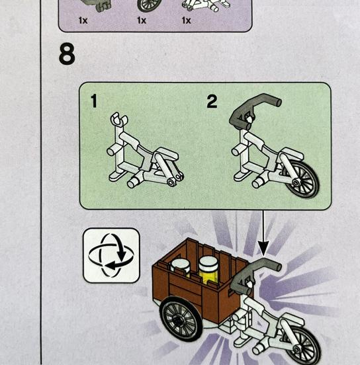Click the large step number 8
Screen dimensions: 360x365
67,54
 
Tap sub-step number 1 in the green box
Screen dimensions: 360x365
94,101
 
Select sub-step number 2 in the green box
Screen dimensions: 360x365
212,101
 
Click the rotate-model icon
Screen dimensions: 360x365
111,255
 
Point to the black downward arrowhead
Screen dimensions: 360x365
263,249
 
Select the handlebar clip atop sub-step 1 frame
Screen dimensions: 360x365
118,119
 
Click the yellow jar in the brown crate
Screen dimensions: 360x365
208,269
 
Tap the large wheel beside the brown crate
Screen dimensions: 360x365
181,318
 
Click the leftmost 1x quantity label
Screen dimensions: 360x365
83,20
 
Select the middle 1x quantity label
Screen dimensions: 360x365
142,20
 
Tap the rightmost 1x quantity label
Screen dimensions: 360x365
186,20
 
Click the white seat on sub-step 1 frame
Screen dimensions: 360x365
167,153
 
